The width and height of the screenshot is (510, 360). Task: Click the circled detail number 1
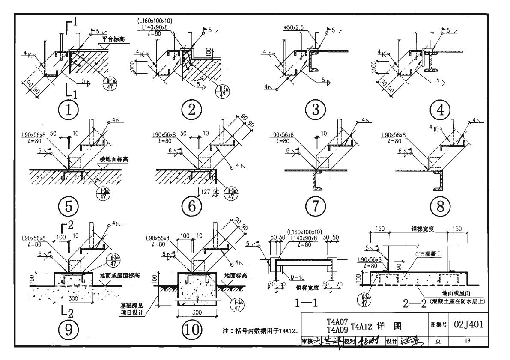click(69, 111)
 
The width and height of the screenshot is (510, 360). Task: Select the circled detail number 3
click(316, 111)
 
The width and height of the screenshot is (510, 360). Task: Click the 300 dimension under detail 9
click(72, 298)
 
